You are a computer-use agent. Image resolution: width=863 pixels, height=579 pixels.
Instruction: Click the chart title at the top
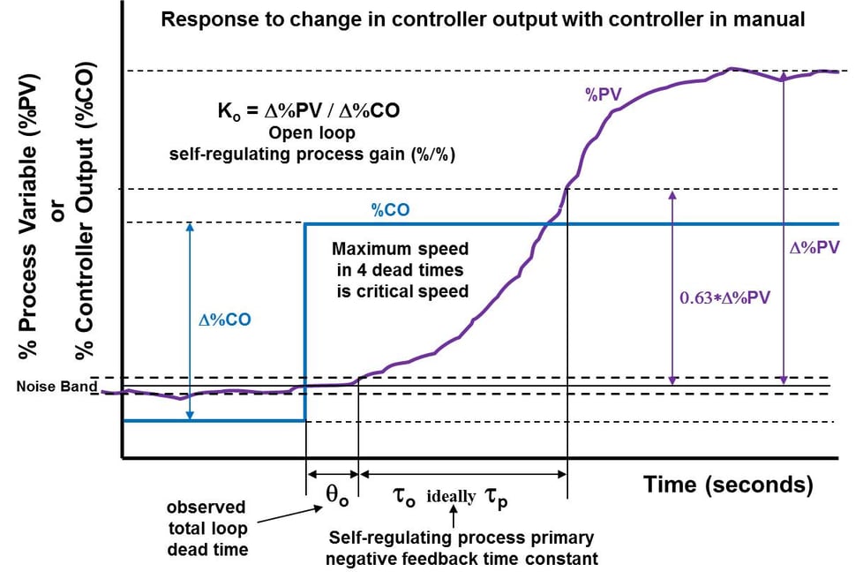[482, 19]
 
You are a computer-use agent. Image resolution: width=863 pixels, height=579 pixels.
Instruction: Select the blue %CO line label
[391, 211]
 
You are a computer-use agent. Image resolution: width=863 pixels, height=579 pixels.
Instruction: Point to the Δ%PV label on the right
[814, 250]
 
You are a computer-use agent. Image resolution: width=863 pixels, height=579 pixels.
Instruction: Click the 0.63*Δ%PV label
[725, 297]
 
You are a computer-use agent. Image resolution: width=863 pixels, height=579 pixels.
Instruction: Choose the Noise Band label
[55, 387]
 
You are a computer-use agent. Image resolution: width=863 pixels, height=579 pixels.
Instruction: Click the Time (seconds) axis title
[728, 484]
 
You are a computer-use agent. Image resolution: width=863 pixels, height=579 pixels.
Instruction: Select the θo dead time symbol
[333, 495]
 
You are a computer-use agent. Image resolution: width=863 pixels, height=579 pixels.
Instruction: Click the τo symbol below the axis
[400, 495]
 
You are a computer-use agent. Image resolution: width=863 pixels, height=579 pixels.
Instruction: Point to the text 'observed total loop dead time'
[206, 529]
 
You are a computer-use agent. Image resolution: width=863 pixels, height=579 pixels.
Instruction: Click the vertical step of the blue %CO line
[305, 322]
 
